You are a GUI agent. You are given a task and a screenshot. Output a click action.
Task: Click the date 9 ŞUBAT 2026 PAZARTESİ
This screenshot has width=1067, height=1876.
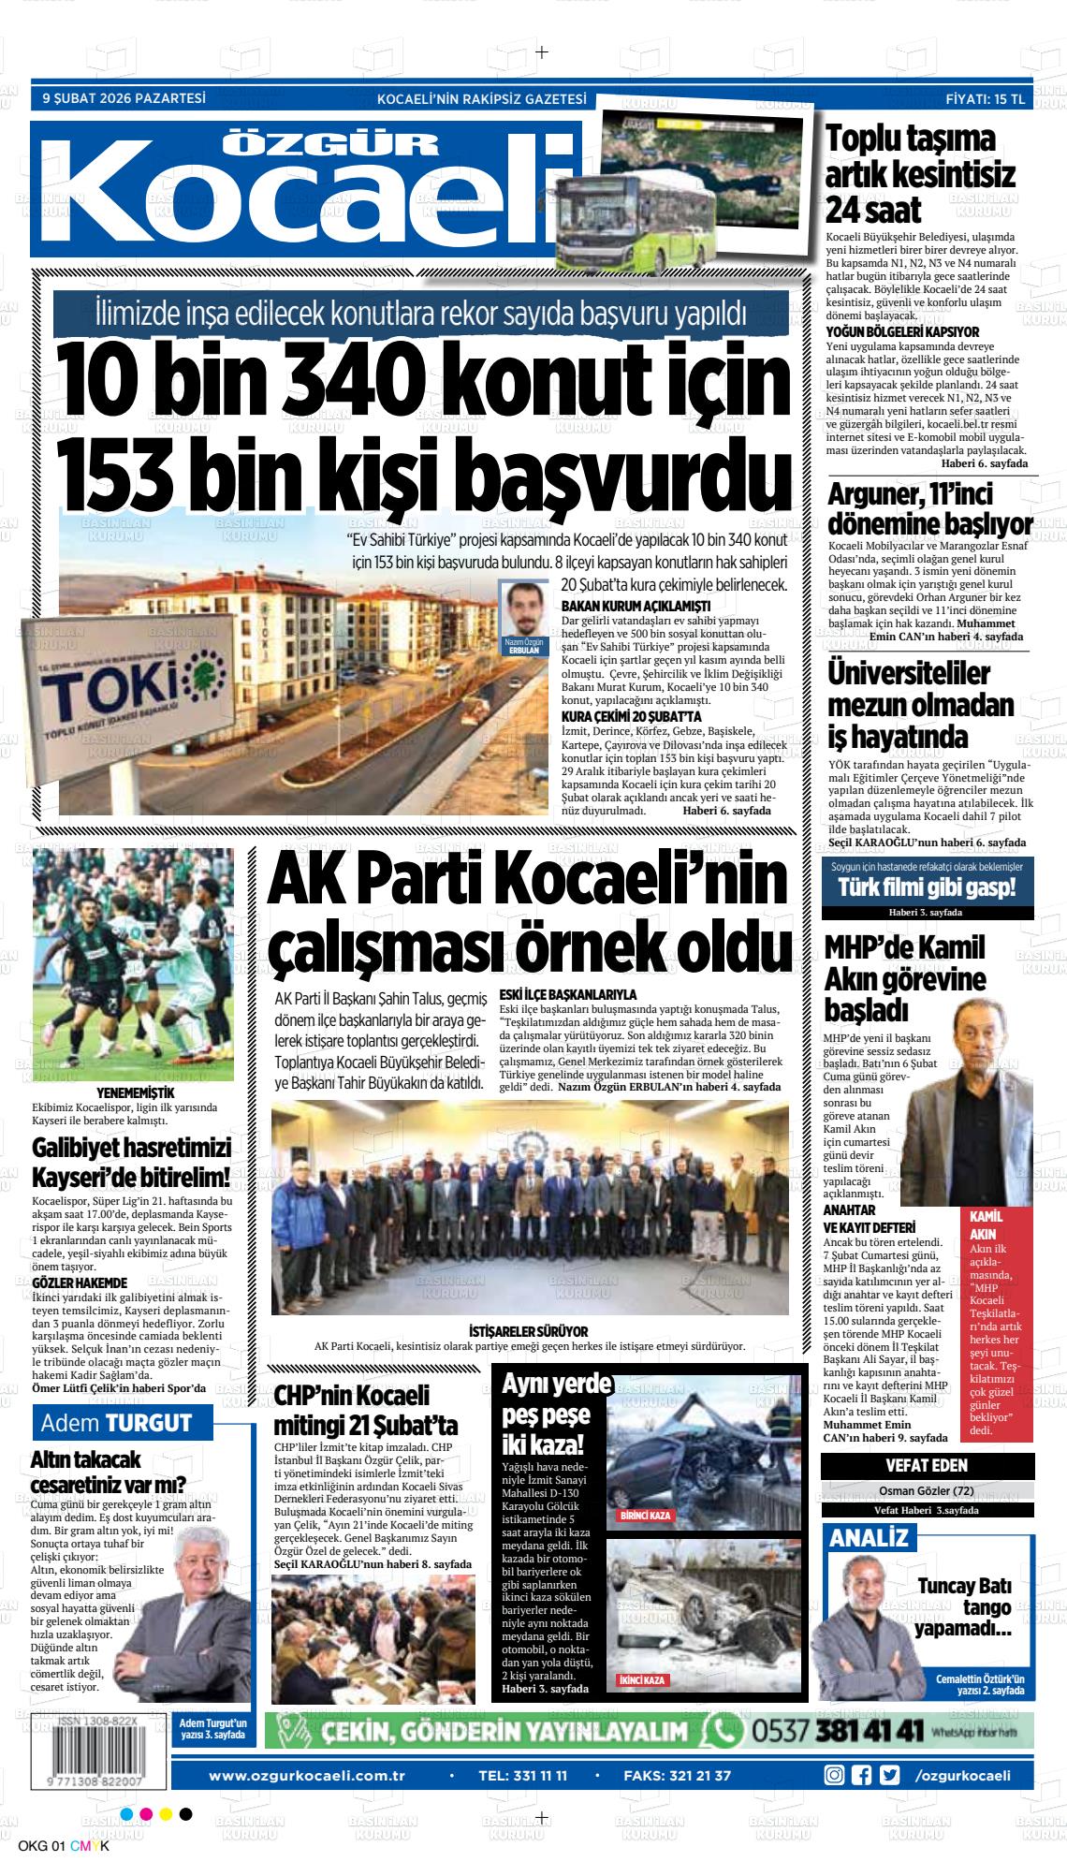[x=124, y=97]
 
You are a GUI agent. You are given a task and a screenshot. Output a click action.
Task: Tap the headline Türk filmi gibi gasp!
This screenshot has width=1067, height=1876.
[x=927, y=887]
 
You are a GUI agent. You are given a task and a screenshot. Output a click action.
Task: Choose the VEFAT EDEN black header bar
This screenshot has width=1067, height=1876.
[x=927, y=1465]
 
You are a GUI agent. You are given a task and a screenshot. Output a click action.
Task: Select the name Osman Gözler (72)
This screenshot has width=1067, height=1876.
[x=927, y=1490]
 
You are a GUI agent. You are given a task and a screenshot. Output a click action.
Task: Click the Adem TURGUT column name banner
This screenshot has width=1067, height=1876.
[x=123, y=1424]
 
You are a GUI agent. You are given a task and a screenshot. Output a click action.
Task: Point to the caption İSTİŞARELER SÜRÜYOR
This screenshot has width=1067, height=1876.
[x=529, y=1332]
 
